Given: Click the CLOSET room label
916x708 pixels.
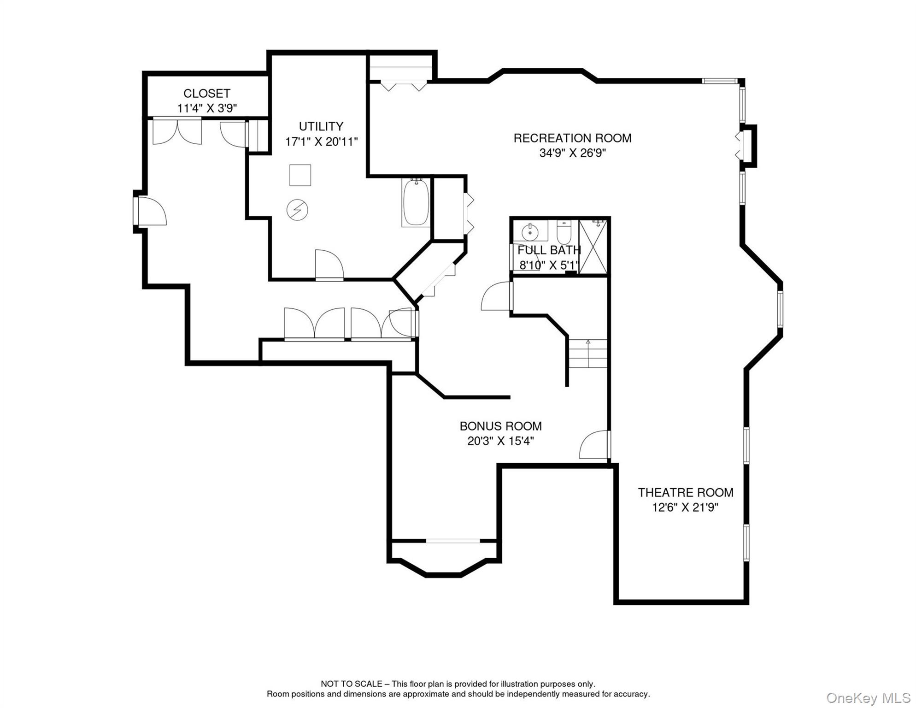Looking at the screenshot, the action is point(207,93).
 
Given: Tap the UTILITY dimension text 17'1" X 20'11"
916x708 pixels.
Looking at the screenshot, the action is point(321,142).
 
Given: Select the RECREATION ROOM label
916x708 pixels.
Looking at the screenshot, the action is point(572,138).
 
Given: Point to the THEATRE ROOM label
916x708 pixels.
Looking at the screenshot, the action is point(685,492).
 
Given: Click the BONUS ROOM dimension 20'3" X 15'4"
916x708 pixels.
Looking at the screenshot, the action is point(500,441).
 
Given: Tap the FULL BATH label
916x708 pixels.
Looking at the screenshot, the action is point(549,250).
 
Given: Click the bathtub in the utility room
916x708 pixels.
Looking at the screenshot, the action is point(416,203).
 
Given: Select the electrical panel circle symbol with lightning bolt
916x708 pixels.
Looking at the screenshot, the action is point(297,210).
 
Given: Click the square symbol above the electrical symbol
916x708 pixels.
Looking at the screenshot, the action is point(300,175).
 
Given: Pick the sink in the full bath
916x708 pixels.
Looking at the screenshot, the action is point(530,231).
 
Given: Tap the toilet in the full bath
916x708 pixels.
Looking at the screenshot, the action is point(564,232).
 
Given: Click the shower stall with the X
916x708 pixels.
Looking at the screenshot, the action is point(593,247).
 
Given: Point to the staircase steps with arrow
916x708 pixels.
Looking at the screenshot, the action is point(587,354).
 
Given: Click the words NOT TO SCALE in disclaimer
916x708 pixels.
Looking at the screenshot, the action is point(351,684).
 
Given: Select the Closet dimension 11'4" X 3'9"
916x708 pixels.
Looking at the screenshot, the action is point(207,108).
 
